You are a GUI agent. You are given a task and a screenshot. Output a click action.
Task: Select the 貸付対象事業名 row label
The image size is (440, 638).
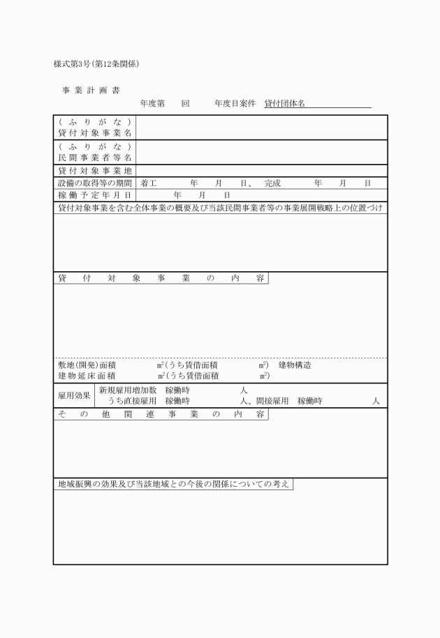click(x=95, y=132)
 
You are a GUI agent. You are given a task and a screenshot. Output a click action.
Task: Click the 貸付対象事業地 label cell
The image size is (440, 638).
click(x=95, y=170)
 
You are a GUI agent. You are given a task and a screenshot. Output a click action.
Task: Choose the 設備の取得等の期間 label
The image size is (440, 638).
click(x=95, y=183)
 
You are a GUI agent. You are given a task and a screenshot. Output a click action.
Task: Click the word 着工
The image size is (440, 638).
click(x=148, y=183)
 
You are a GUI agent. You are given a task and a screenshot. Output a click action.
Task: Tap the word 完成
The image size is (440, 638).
click(x=272, y=183)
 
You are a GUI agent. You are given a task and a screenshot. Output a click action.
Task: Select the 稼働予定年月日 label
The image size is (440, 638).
click(x=95, y=195)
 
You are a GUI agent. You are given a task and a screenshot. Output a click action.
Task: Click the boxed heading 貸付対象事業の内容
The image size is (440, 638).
click(x=161, y=278)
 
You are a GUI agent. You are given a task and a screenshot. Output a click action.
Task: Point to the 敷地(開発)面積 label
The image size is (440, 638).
click(x=87, y=365)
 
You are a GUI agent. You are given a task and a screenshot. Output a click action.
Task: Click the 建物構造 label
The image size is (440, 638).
click(x=295, y=365)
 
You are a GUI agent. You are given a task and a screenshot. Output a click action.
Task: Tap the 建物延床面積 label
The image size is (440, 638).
click(x=87, y=377)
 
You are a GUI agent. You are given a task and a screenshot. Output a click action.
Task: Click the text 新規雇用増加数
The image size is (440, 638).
click(x=127, y=390)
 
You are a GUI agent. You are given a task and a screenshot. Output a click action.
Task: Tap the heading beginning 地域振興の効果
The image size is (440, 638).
click(x=173, y=484)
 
